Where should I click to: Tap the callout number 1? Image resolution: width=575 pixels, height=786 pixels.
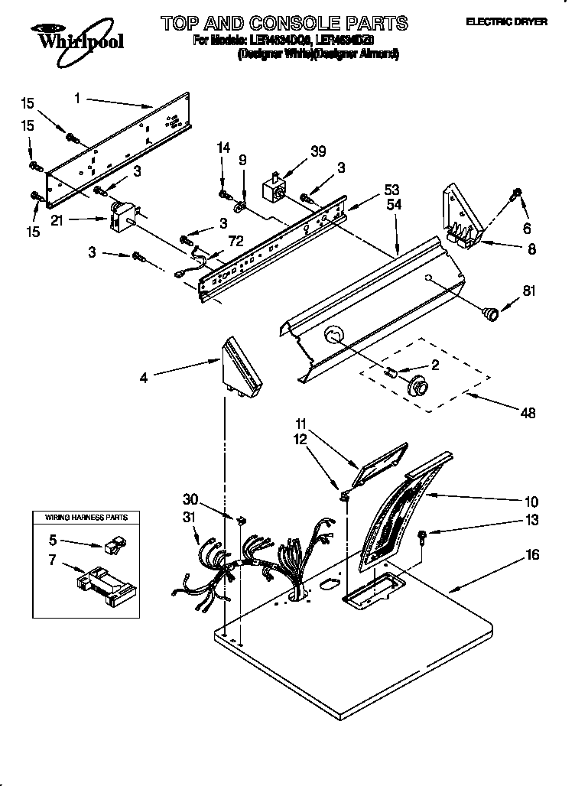coord(78,98)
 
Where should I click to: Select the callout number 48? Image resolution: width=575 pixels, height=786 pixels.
coord(527,413)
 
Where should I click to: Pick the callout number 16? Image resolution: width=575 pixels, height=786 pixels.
coord(533,555)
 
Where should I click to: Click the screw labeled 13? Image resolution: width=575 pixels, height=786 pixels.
coord(422,538)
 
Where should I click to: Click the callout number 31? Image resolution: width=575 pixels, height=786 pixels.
coord(190,517)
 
